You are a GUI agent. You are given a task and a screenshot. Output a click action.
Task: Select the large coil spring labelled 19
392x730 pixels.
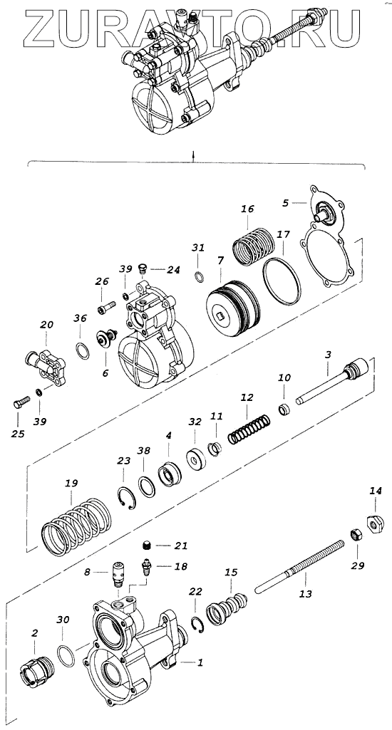pyautogui.click(x=77, y=526)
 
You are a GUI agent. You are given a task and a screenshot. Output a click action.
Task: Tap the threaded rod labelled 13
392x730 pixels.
pyautogui.click(x=301, y=566)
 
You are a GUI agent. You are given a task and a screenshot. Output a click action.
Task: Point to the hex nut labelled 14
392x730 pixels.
pyautogui.click(x=374, y=525)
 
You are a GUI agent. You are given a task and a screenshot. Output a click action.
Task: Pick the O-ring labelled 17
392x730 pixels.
pyautogui.click(x=281, y=281)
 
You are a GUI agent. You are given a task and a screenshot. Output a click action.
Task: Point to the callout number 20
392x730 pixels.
pyautogui.click(x=46, y=325)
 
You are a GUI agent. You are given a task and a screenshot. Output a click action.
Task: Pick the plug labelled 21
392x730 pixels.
pyautogui.click(x=147, y=545)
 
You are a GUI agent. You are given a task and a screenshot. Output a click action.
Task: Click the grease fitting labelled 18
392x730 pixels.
pyautogui.click(x=146, y=568)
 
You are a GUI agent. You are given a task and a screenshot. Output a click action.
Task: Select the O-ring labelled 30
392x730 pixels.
pyautogui.click(x=66, y=656)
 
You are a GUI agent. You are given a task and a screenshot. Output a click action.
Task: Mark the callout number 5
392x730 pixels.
pyautogui.click(x=286, y=202)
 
